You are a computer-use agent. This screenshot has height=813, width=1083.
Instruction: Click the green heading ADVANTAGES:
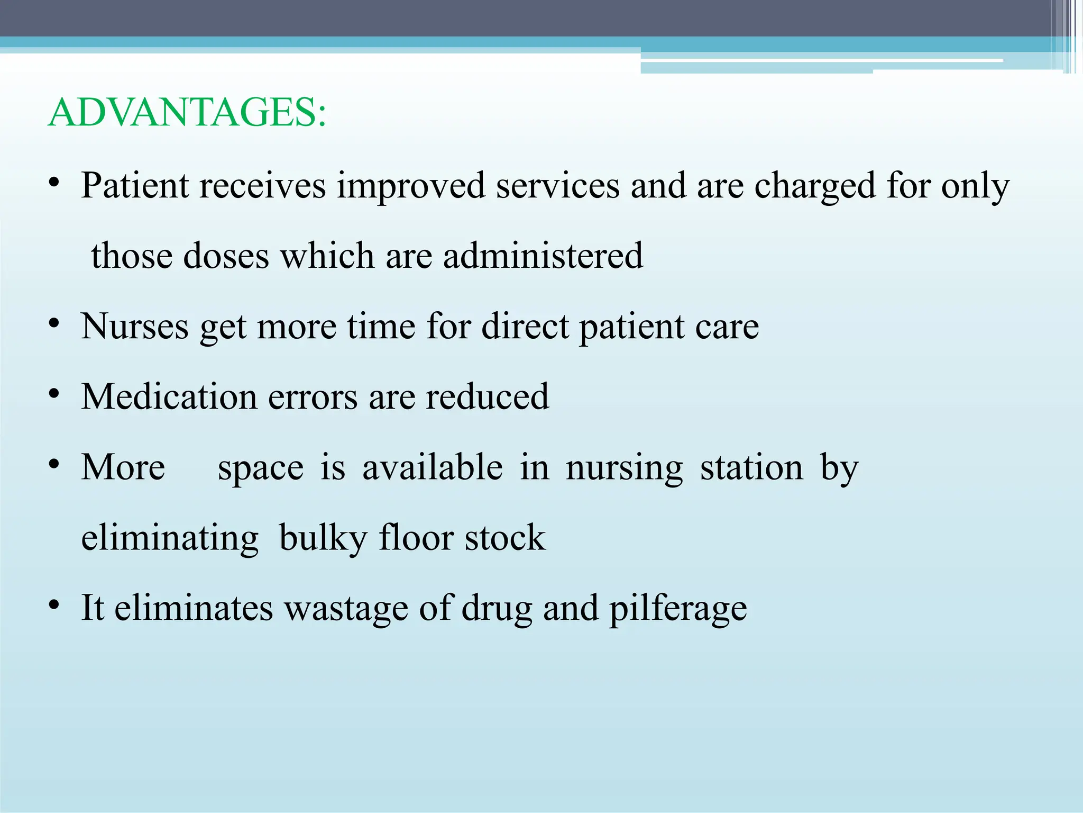pyautogui.click(x=187, y=113)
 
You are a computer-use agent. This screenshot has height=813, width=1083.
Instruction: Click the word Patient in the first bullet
pyautogui.click(x=135, y=186)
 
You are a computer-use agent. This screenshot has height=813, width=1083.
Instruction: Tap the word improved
pyautogui.click(x=411, y=186)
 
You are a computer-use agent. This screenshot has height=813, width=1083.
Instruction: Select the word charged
pyautogui.click(x=815, y=186)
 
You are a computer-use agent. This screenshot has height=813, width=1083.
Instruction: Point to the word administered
pyautogui.click(x=543, y=256)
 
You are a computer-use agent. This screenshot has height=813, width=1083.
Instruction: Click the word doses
pyautogui.click(x=226, y=256)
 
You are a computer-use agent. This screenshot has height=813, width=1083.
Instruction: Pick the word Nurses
pyautogui.click(x=134, y=326)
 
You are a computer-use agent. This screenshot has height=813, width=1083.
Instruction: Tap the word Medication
pyautogui.click(x=169, y=396)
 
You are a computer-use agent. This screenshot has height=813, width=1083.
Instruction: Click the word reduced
pyautogui.click(x=487, y=396)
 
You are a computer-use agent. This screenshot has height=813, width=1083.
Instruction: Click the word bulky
pyautogui.click(x=323, y=538)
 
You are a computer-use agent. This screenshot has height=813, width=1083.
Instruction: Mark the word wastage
pyautogui.click(x=346, y=608)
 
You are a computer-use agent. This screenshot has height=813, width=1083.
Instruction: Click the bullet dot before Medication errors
pyautogui.click(x=53, y=394)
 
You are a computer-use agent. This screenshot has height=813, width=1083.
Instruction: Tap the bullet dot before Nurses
pyautogui.click(x=53, y=324)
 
